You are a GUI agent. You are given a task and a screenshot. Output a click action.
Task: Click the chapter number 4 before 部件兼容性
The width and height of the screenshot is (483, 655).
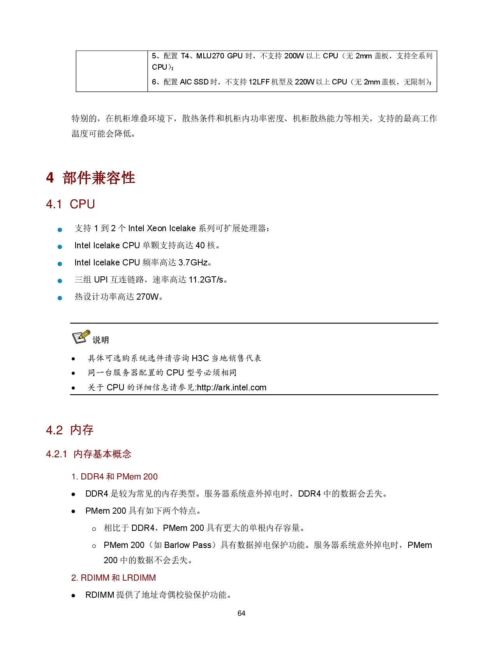[50, 178]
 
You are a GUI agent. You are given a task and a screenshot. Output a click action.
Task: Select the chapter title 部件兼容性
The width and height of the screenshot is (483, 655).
[99, 178]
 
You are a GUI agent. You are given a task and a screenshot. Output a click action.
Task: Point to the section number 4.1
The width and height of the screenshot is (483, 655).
[54, 204]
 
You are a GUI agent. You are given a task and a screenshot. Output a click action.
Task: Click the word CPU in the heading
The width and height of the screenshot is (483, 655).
[82, 204]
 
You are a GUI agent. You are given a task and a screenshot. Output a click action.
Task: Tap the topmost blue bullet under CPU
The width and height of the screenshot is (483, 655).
[60, 230]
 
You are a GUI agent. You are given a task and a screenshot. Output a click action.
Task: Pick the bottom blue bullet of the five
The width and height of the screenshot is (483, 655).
[60, 298]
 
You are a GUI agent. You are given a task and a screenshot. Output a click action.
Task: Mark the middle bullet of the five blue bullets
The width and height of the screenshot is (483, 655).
[60, 264]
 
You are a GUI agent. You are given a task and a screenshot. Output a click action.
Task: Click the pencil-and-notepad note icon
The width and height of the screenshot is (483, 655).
[81, 337]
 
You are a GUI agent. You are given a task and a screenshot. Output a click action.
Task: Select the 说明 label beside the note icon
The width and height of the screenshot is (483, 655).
[100, 340]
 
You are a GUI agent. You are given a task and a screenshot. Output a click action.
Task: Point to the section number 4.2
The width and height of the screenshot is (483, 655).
[54, 430]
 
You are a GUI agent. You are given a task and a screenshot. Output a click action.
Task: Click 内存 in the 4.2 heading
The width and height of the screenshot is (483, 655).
[82, 430]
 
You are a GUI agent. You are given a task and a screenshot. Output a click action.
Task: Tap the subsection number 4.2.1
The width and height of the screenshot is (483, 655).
[56, 454]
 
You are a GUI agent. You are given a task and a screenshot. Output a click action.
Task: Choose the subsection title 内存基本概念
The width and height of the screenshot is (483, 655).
[102, 454]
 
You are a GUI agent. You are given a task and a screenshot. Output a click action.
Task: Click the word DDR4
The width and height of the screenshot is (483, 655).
[92, 477]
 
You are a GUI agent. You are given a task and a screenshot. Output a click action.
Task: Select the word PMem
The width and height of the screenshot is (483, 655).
[129, 477]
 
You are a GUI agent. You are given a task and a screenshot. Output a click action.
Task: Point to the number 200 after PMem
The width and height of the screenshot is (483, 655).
[150, 477]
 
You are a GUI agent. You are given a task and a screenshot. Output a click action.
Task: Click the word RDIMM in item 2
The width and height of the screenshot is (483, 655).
[95, 578]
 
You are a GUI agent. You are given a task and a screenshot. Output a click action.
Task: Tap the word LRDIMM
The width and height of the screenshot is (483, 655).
[139, 578]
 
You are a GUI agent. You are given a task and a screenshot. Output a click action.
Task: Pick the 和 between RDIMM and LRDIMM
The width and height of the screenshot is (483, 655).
[116, 578]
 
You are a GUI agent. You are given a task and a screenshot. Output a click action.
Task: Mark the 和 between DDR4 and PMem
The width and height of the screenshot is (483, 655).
[110, 477]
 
